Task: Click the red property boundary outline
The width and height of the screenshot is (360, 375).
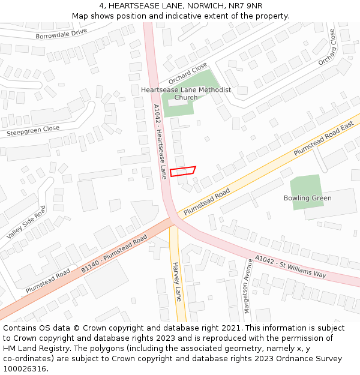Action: [x=183, y=171]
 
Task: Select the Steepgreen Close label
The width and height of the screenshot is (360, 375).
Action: [x=33, y=129]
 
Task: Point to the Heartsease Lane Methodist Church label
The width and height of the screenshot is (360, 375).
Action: [x=186, y=94]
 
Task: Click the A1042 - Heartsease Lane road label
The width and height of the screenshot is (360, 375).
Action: [x=160, y=142]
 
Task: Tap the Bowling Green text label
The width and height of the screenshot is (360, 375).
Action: [x=308, y=198]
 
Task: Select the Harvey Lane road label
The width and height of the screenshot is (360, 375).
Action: [x=176, y=281]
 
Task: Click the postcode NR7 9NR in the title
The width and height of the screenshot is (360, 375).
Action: [x=245, y=5]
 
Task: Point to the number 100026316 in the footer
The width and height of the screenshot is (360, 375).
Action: [x=24, y=368]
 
